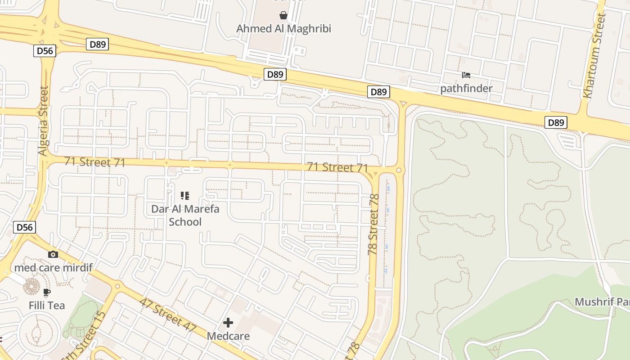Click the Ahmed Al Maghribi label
283,29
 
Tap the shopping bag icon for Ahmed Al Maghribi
283,16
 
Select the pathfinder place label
466,88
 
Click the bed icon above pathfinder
466,75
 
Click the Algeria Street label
43,121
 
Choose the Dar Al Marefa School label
185,215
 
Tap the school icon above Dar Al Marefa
185,195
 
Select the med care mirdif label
53,268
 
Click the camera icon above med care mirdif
53,254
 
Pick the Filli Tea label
47,306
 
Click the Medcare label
228,336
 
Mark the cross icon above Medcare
228,322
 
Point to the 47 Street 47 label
167,315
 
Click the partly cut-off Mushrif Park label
602,301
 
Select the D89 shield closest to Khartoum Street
556,122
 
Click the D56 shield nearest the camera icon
24,227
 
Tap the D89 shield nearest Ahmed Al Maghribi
274,74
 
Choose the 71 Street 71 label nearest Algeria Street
94,162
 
